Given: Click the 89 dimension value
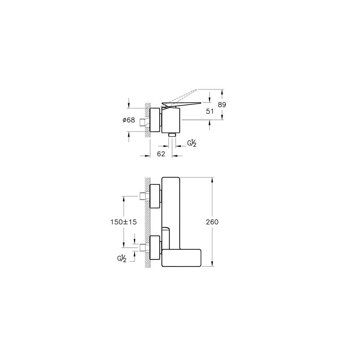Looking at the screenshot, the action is pyautogui.click(x=222, y=105).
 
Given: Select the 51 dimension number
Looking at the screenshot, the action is pyautogui.click(x=210, y=111).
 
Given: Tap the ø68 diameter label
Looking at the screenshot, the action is pyautogui.click(x=129, y=120).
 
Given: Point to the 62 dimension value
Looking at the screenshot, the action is pyautogui.click(x=161, y=154).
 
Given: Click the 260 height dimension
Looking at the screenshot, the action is pyautogui.click(x=212, y=222).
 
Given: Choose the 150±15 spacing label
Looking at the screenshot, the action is pyautogui.click(x=123, y=222).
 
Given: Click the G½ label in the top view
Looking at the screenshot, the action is pyautogui.click(x=192, y=143).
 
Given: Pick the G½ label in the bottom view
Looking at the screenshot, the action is pyautogui.click(x=122, y=258).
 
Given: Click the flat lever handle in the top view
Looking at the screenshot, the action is pyautogui.click(x=181, y=104).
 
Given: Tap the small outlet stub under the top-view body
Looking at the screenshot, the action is pyautogui.click(x=172, y=135).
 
